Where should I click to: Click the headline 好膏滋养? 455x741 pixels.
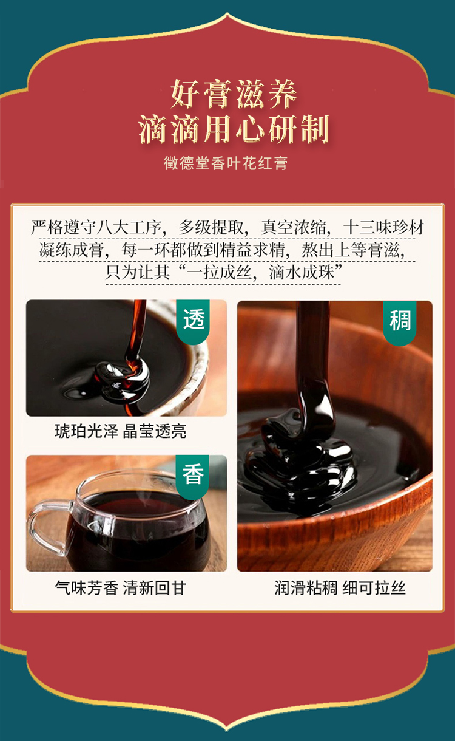click(234, 94)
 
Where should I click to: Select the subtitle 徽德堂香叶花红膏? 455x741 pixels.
click(226, 163)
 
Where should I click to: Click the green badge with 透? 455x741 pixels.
click(193, 321)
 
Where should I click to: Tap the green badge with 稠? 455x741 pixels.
click(399, 321)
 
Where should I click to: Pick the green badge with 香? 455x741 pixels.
click(193, 476)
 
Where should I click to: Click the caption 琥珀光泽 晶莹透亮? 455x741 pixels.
click(121, 431)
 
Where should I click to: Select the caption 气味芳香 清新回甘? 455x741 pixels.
click(121, 587)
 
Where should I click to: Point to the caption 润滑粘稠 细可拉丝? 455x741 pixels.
click(340, 587)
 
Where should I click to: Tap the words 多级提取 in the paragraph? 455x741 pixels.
click(211, 228)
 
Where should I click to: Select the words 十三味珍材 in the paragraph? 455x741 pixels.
click(383, 228)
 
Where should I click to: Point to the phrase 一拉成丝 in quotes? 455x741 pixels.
click(219, 273)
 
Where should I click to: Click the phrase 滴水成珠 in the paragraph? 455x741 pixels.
click(302, 273)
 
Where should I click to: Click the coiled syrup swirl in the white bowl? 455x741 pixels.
click(123, 380)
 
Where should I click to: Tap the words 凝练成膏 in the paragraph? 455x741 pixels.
click(72, 250)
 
